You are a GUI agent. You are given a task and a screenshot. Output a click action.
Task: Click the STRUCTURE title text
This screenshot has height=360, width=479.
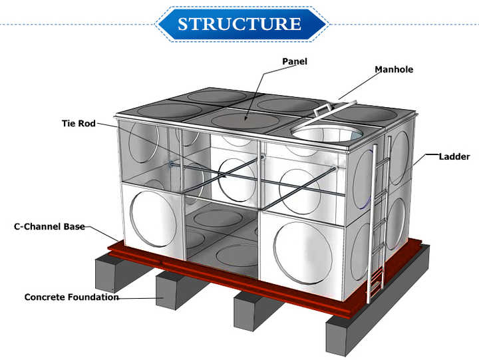239,23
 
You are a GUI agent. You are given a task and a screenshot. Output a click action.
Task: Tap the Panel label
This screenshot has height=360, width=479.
295,61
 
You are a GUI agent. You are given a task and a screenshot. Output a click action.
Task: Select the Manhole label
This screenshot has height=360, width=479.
394,69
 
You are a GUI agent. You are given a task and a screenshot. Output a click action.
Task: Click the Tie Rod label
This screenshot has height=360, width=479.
79,124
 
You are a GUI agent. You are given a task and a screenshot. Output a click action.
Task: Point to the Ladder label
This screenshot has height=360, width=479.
454,157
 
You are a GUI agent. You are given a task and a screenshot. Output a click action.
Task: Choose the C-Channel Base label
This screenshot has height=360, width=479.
49,226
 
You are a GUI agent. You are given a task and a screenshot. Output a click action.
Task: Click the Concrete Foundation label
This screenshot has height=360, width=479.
71,297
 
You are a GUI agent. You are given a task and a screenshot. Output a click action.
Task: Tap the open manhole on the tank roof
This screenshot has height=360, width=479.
327,134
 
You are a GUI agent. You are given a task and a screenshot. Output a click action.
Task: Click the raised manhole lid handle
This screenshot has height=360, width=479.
322,110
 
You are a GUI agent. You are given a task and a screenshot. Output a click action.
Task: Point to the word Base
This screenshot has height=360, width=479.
75,226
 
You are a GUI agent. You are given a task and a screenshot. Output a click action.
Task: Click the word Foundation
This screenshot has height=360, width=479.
94,297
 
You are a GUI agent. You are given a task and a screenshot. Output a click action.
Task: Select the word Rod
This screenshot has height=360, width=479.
87,124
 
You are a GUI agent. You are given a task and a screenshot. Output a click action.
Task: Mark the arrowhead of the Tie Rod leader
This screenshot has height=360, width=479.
224,176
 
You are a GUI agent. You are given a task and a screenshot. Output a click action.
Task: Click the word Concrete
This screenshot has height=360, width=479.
45,297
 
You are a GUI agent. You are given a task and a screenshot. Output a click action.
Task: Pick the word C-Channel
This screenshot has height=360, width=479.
38,226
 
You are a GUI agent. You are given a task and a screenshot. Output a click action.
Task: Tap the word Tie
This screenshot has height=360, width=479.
69,124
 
